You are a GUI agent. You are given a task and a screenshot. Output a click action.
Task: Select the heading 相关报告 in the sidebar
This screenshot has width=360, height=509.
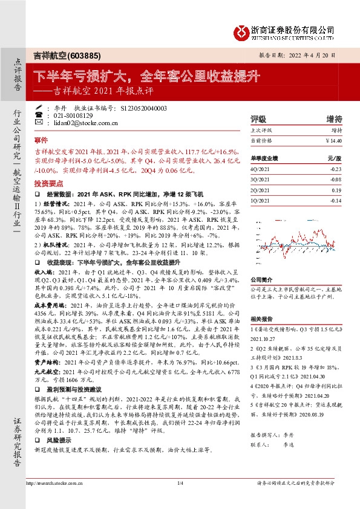point(261,319)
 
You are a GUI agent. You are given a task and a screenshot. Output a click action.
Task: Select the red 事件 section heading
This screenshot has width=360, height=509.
point(41,139)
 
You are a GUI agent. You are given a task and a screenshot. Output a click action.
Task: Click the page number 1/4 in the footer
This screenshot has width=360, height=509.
point(180,499)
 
